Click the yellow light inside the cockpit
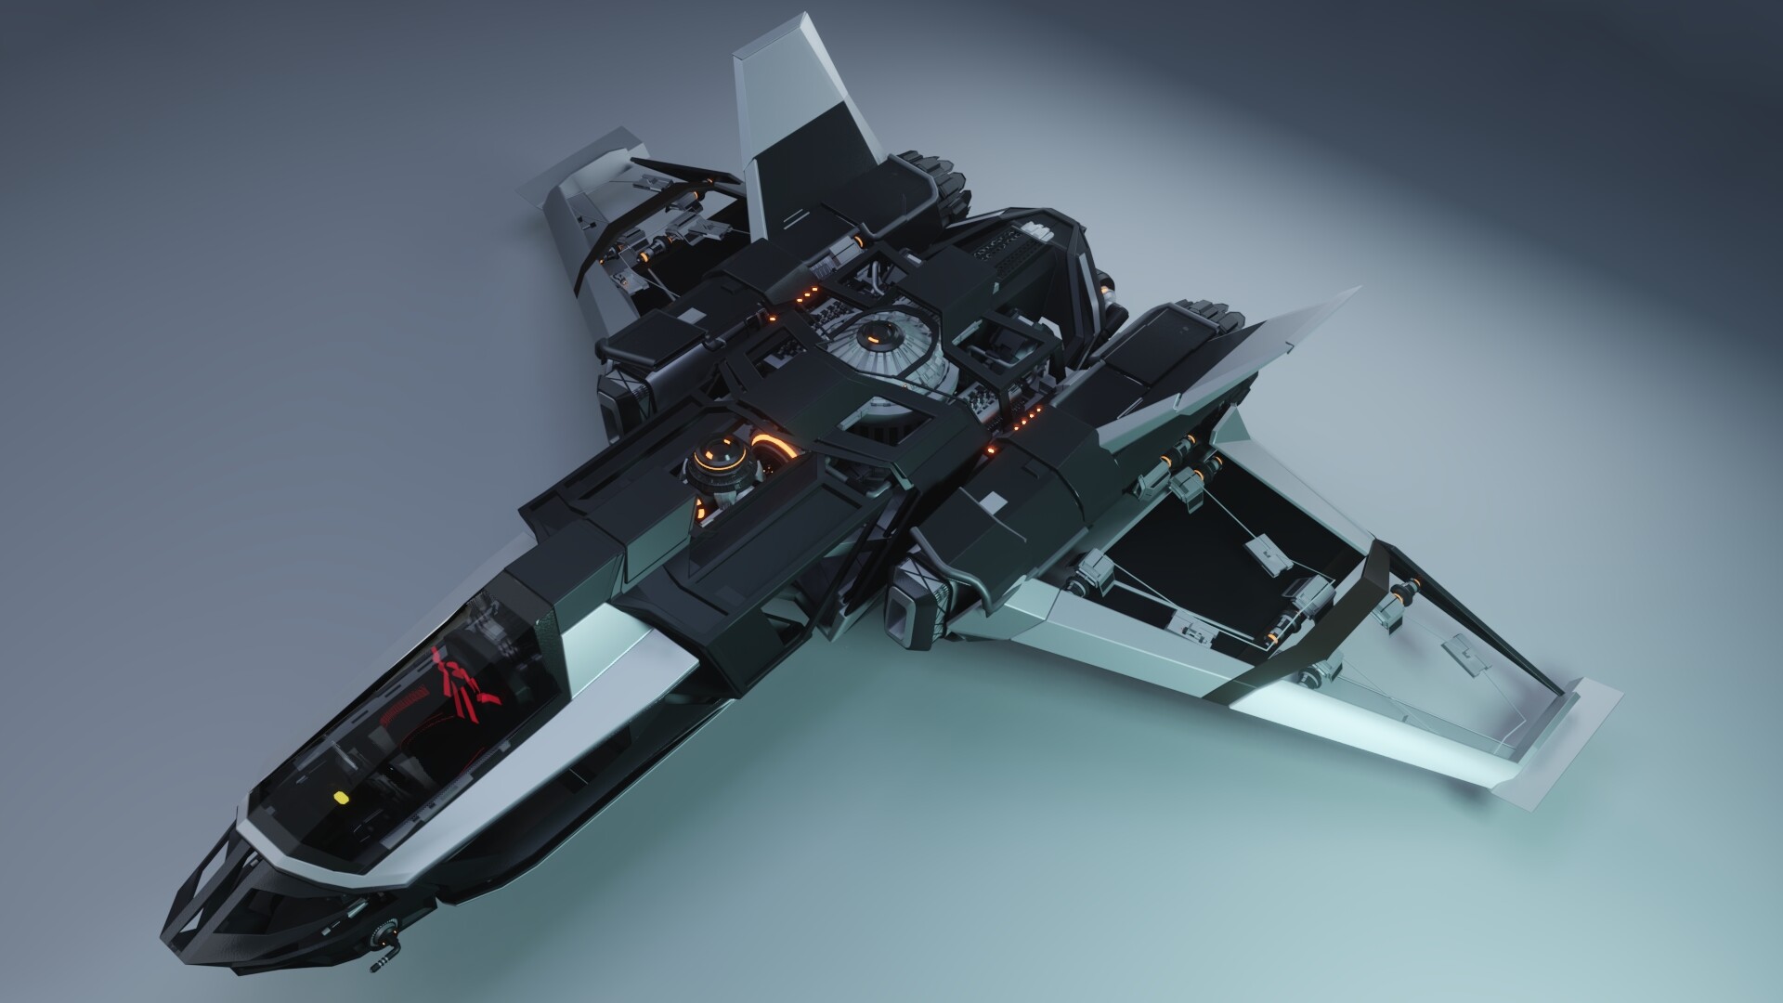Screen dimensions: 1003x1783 (x=340, y=798)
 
